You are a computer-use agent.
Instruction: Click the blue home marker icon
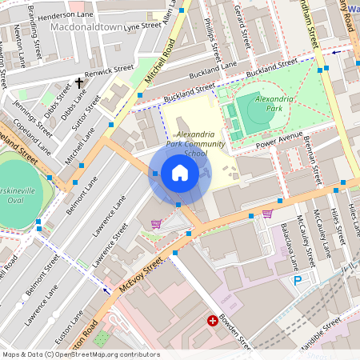[x=180, y=173]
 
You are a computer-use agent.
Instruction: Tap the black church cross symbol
[x=79, y=82]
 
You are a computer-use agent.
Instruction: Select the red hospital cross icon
[x=213, y=321]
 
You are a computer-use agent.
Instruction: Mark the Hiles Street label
[x=345, y=220]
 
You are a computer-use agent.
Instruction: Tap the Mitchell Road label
[x=159, y=67]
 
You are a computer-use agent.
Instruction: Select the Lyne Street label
[x=143, y=26]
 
